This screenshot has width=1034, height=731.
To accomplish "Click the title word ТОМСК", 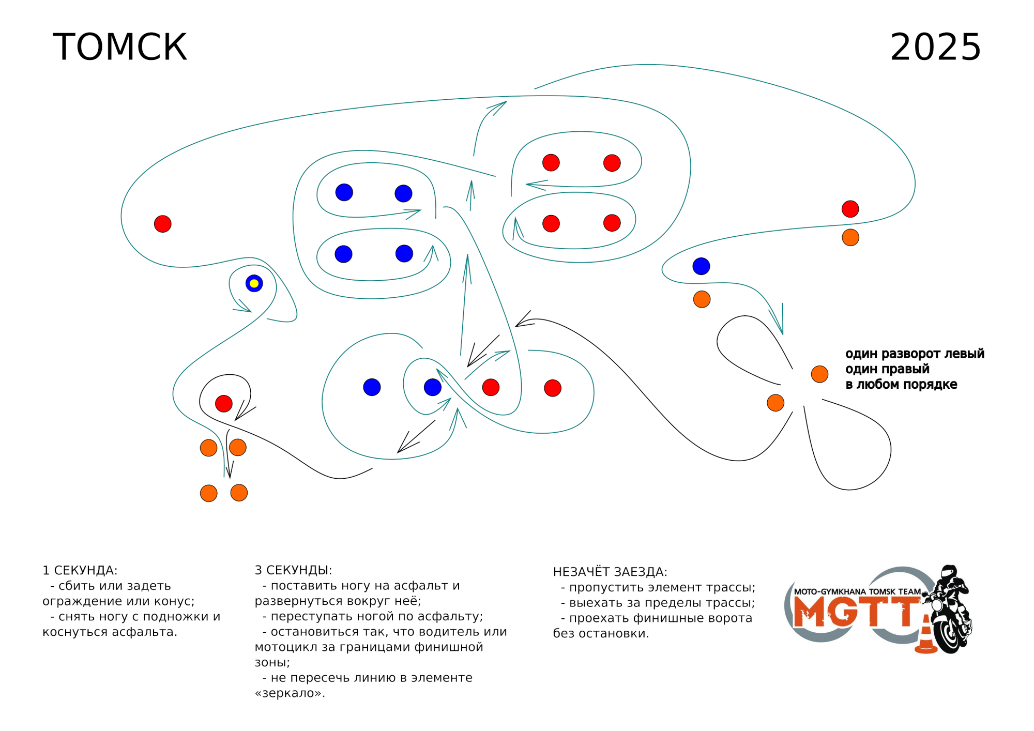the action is pos(120,47).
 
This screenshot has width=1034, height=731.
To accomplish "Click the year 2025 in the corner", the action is pos(935,47).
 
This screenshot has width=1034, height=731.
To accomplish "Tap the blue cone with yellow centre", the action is pos(254,283).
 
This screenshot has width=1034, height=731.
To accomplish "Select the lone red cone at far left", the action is pos(162,224).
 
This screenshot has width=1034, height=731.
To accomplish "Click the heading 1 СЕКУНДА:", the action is pos(80,570).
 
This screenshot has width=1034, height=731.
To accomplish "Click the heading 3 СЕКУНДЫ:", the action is pos(293,570).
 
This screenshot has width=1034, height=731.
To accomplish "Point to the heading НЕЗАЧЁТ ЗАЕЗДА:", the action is pos(610,572).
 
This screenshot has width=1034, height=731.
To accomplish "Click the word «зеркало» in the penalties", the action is pos(290,693).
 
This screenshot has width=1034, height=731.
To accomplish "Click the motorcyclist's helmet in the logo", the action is pos(948,572).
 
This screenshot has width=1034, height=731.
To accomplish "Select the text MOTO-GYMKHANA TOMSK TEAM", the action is pos(857,591).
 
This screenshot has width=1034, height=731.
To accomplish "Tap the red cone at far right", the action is pos(850,209).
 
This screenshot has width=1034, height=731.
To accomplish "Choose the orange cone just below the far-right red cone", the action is pos(850,237).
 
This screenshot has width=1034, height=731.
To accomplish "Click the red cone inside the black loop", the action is pos(223,403).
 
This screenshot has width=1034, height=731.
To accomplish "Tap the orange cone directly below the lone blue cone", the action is pos(702,299).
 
